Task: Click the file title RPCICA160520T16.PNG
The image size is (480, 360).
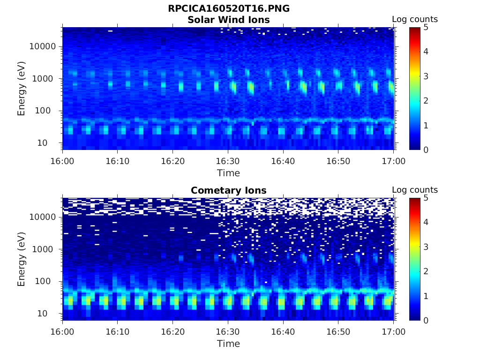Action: point(228,9)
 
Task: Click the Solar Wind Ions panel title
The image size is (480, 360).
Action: point(228,20)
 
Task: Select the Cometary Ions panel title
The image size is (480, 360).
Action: point(228,190)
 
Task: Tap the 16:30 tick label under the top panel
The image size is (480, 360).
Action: point(228,161)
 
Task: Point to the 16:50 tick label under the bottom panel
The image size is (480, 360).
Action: point(338,331)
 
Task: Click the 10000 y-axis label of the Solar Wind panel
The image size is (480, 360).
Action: point(43,46)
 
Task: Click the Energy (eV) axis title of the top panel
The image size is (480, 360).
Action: point(22,89)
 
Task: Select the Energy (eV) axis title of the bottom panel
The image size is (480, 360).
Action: point(22,259)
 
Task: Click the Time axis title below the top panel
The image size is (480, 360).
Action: point(228,173)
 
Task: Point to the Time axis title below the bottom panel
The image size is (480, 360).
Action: point(228,344)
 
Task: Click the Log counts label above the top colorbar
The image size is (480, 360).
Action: point(415,19)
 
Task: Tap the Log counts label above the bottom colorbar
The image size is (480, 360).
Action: point(415,190)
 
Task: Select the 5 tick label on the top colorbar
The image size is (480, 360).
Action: point(427,27)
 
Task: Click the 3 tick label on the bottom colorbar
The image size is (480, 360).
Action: point(427,247)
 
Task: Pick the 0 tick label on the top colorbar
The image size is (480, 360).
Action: point(427,150)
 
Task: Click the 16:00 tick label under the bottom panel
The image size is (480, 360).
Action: point(63,331)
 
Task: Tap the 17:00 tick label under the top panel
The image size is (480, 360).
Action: point(393,161)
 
